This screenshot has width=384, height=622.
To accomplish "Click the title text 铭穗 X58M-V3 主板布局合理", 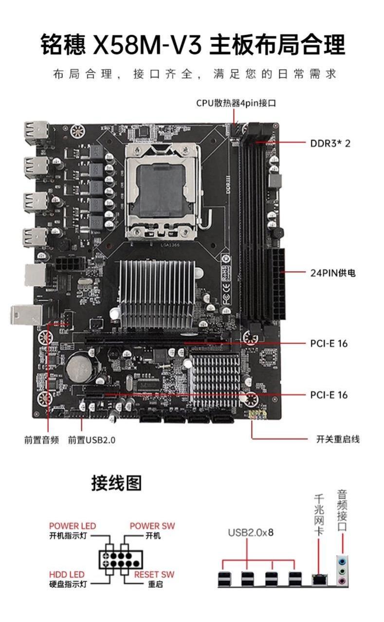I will pyautogui.click(x=193, y=45).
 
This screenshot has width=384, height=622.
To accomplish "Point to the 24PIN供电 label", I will pyautogui.click(x=333, y=273).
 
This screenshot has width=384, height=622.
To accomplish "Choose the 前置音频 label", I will pyautogui.click(x=41, y=440).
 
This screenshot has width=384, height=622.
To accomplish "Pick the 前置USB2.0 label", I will pyautogui.click(x=91, y=440).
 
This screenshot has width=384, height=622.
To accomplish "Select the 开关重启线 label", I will pyautogui.click(x=338, y=439).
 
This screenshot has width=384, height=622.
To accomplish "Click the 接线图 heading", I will pyautogui.click(x=117, y=484).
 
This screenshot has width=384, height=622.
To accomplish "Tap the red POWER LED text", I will pyautogui.click(x=73, y=526).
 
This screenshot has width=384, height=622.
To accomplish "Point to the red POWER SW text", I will pyautogui.click(x=152, y=526).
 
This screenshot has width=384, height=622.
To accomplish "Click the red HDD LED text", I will pyautogui.click(x=67, y=574).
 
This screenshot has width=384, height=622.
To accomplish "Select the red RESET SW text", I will pyautogui.click(x=154, y=574).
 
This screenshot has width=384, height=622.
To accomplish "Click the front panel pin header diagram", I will pyautogui.click(x=115, y=556).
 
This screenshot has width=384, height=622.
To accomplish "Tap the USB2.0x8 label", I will pyautogui.click(x=251, y=533).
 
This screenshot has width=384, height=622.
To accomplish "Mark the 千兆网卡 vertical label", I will pyautogui.click(x=319, y=515).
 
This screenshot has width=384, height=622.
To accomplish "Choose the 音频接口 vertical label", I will pyautogui.click(x=342, y=510).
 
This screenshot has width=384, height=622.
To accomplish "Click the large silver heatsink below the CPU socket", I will pyautogui.click(x=157, y=294).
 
